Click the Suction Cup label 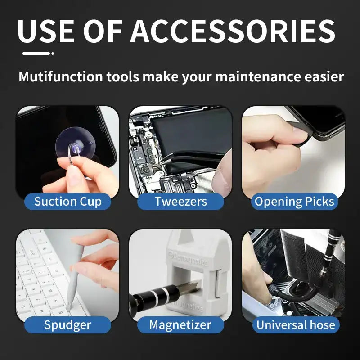click(67, 201)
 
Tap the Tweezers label click(180, 201)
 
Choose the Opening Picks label click(294, 201)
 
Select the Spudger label click(67, 324)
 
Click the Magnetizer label click(180, 324)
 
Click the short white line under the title click(37, 53)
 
